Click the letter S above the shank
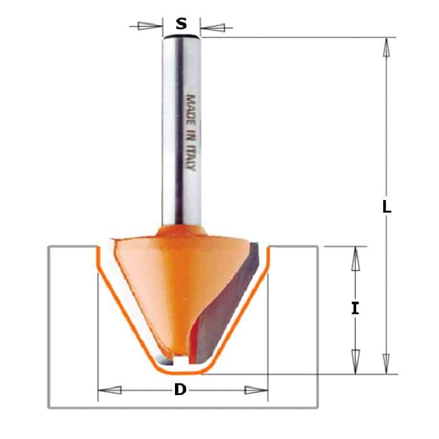pos(181,24)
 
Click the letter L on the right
pos(387,207)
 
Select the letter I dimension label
pos(356,309)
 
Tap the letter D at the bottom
pos(181,389)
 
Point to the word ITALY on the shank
pos(191,157)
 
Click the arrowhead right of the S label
pos(213,28)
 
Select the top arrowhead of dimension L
pos(386,48)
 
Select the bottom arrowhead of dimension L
pos(386,364)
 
